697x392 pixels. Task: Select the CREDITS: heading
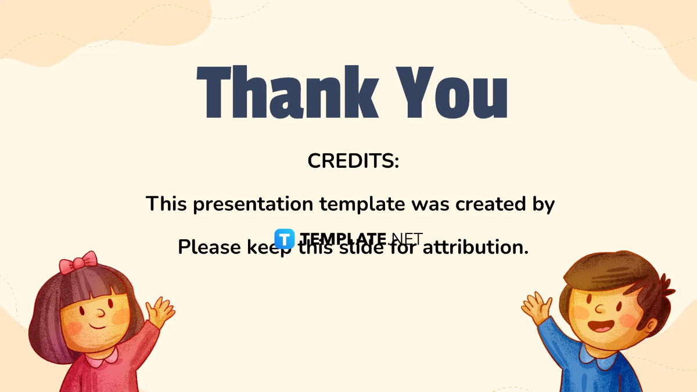[353, 161]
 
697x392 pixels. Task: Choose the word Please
[209, 247]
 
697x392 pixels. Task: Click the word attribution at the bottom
[475, 247]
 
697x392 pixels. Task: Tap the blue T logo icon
[284, 239]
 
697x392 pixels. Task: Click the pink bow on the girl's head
[78, 262]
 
